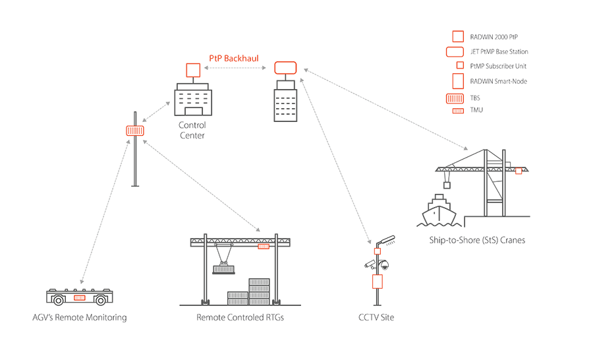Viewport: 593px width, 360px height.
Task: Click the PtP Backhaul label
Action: pos(233,59)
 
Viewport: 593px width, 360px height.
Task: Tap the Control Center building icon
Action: pos(192,102)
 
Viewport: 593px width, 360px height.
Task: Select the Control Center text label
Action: pos(192,131)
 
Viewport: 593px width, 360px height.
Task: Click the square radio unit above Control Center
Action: pos(192,70)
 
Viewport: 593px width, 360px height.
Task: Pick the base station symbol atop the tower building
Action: pos(285,67)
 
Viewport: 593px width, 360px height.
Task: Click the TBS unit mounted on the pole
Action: pos(135,131)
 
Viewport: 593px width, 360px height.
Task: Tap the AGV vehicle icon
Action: pos(79,297)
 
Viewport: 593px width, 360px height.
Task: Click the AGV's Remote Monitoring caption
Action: pos(79,318)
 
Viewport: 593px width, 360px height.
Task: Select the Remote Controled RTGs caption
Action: pos(240,318)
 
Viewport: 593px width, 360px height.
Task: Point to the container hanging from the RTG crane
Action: pos(223,268)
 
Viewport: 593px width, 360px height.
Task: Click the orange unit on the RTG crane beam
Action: pos(264,246)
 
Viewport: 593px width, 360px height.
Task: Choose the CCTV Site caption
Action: pos(376,318)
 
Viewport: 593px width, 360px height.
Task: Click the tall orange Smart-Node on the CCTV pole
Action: pos(378,282)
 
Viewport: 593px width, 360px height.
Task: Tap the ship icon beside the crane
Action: pos(438,212)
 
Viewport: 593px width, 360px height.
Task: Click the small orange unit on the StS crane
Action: pos(519,171)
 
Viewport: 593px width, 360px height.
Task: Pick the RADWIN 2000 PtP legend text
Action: pos(490,37)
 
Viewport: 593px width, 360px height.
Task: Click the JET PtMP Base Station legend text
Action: pos(499,51)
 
